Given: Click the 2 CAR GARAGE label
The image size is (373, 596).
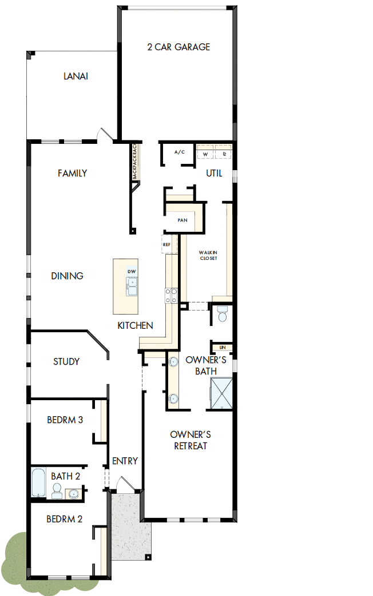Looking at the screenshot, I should point(178,47).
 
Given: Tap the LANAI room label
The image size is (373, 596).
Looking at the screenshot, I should point(76,76).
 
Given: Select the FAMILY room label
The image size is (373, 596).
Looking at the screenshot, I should point(72,173).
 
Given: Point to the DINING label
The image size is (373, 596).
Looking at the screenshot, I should point(68,276).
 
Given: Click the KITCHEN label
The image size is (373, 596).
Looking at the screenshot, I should point(135,325).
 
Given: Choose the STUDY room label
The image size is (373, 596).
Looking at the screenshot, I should point(66,361).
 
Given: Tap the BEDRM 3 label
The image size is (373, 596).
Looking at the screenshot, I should point(65,420).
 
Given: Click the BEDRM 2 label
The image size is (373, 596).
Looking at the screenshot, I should point(65,519).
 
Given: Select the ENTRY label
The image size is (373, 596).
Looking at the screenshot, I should point(125,461).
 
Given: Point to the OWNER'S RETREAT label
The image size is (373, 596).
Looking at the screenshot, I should point(191,440).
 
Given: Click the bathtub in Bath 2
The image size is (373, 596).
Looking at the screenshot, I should point(38,483).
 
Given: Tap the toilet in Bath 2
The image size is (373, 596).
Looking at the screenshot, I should point(57,491).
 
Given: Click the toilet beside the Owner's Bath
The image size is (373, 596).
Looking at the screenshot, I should point(222,313).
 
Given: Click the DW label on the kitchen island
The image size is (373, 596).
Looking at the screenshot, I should point(132,271).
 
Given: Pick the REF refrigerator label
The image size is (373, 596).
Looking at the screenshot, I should point(166,244).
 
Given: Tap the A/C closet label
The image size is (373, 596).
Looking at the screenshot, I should point(180,152).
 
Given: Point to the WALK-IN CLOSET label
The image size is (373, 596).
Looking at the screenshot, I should point(208,255).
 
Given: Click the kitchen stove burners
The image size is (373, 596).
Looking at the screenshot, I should point(171,295).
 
